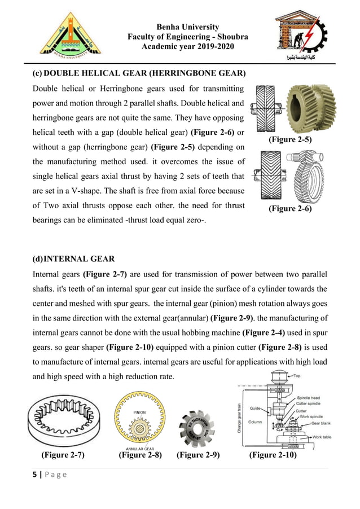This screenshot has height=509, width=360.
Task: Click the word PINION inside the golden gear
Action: coord(140,413)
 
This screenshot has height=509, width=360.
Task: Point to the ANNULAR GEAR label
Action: coord(139,449)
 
